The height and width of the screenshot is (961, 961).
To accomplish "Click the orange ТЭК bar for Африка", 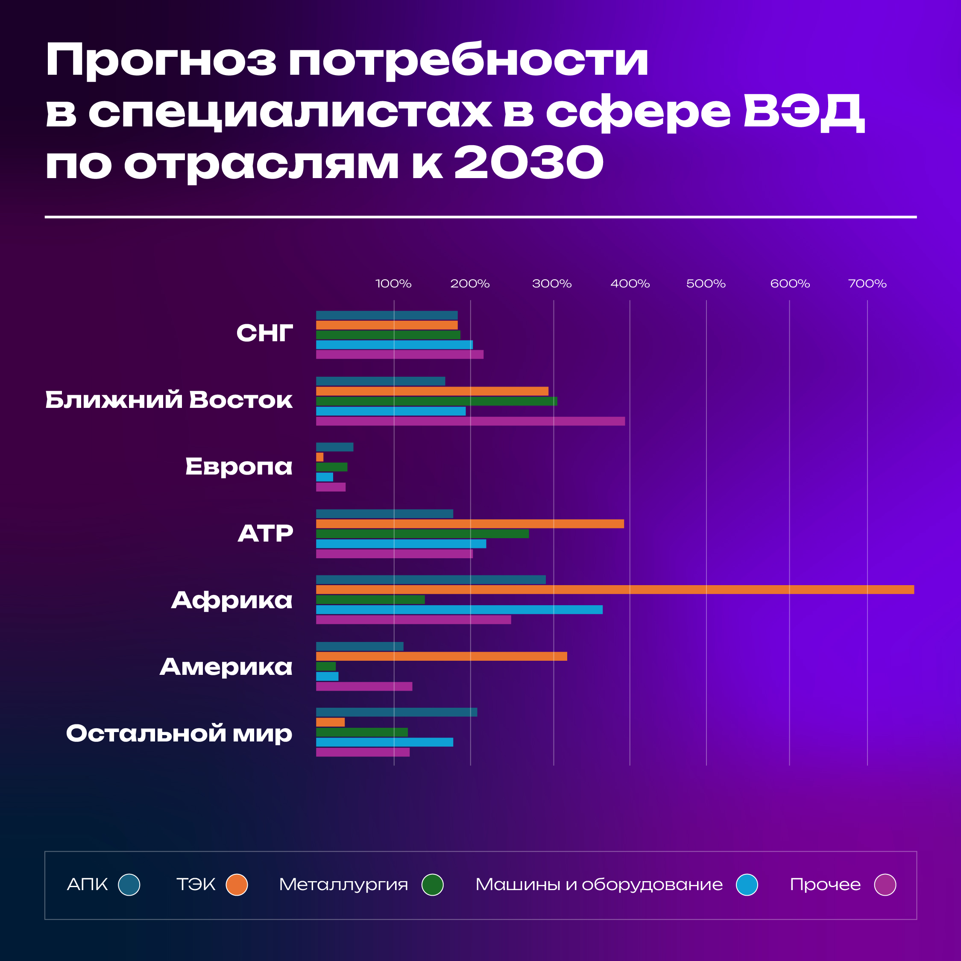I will [615, 589].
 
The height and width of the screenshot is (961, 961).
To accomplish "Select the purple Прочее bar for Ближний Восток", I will [470, 421].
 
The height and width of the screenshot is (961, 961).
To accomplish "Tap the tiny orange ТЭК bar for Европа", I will [319, 457].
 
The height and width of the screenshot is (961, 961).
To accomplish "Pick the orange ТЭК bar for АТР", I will [469, 524].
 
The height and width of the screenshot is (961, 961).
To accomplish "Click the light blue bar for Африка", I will [459, 610].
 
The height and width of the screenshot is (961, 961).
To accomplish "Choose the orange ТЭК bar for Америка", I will [441, 656].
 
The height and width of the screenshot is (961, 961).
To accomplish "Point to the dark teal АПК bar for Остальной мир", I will [396, 712].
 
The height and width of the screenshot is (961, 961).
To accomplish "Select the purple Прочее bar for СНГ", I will [399, 355].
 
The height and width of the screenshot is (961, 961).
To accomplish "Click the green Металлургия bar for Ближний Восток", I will [436, 401].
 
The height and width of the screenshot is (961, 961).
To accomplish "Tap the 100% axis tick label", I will [393, 284].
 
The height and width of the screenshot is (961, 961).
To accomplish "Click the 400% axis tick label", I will [630, 284].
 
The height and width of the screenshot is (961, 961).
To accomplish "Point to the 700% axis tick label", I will [867, 284].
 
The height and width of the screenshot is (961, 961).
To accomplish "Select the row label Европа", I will [239, 466].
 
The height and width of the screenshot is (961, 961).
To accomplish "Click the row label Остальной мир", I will [179, 733].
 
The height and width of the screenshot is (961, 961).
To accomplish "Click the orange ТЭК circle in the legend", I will [237, 885].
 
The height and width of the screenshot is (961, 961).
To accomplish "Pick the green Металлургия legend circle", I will [432, 885].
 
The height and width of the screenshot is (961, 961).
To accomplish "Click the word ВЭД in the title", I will [804, 112].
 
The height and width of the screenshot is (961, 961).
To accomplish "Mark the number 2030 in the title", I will [529, 163].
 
